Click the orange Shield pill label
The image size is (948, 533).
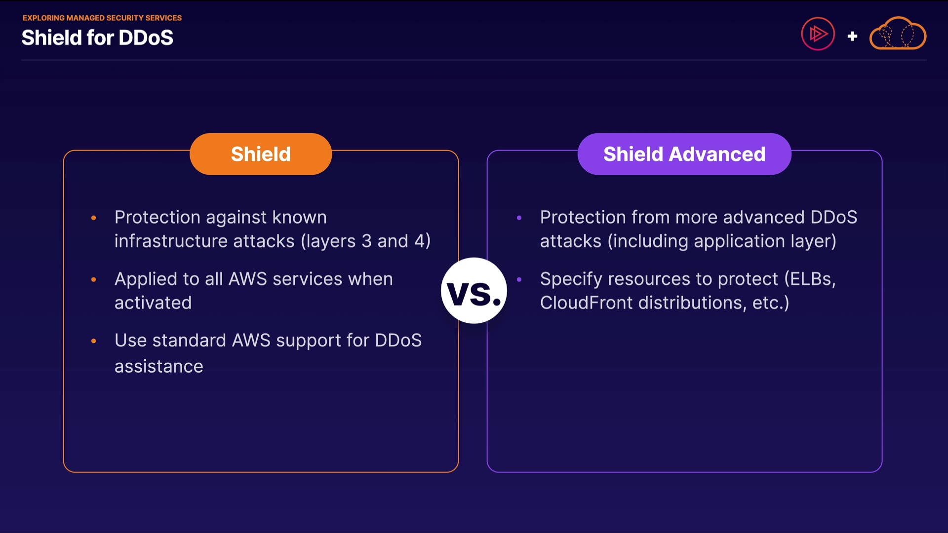261,154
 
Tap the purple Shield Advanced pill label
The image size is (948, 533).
684,154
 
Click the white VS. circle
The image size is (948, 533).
474,291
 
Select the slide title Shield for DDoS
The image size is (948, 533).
97,38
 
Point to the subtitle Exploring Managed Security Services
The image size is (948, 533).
102,18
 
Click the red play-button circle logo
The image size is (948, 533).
818,34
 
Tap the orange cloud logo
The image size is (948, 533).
898,34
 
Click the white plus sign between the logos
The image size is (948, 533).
852,36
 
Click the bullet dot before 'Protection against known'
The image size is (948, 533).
94,218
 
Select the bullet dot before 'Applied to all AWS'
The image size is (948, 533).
94,279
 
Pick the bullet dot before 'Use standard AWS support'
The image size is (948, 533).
94,341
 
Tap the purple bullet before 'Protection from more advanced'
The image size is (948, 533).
519,218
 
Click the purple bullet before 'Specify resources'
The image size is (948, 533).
519,279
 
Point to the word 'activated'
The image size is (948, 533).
153,303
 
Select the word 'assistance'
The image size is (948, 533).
159,367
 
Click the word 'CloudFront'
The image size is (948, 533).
586,303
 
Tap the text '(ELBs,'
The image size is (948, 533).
810,279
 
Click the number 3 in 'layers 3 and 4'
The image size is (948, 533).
366,241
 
